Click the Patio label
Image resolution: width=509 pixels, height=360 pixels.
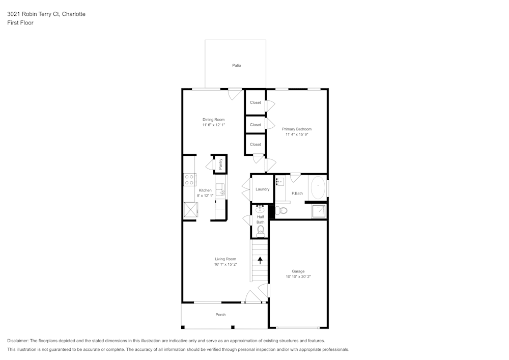point(236,66)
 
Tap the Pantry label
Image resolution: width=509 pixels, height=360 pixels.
point(221,164)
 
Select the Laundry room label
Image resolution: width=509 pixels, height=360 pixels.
point(262,189)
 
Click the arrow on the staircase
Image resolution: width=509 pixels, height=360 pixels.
point(260,260)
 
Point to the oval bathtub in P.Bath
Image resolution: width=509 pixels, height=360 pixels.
point(318,187)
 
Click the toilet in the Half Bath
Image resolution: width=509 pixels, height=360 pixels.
point(260,231)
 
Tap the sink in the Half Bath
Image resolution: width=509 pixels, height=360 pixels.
point(260,209)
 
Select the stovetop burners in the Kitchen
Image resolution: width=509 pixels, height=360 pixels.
point(189,180)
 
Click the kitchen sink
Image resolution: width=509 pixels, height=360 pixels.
point(221,189)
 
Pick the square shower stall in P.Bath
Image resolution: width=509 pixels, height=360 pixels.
point(319,211)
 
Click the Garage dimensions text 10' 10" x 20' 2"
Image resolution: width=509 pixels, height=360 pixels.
point(298,276)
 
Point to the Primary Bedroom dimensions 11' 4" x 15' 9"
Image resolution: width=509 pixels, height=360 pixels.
point(296,134)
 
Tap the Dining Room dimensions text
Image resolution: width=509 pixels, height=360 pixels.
point(214,125)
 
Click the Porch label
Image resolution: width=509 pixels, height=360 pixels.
point(220,315)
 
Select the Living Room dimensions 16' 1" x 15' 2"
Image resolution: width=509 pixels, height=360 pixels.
point(225,264)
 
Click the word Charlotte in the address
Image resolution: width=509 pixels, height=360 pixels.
point(74,14)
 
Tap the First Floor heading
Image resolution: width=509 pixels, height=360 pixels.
point(20,23)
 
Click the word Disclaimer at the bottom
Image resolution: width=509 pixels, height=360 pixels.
point(18,341)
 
